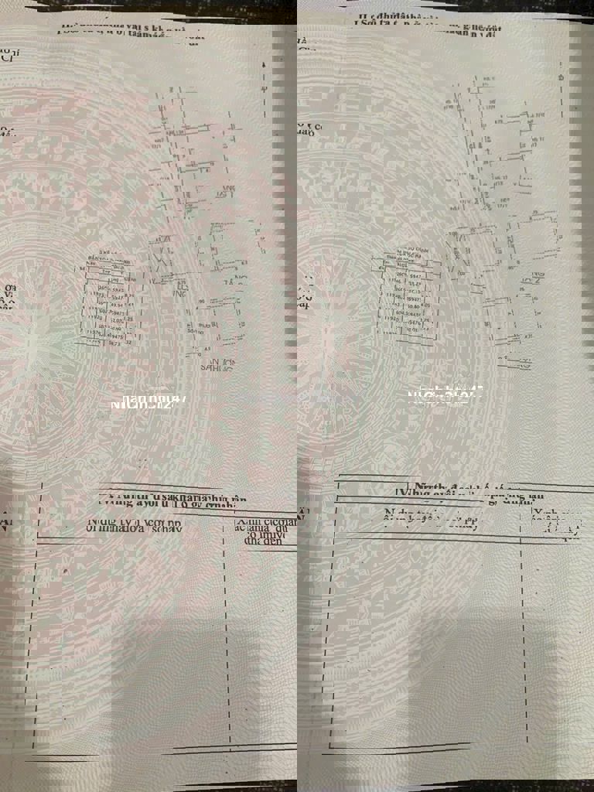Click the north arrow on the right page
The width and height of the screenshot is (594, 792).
(x=561, y=85)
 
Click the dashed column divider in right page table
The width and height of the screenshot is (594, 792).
(x=524, y=634)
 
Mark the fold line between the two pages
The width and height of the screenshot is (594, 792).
(x=297, y=387)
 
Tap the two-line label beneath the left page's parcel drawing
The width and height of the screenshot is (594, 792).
(x=220, y=364)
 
